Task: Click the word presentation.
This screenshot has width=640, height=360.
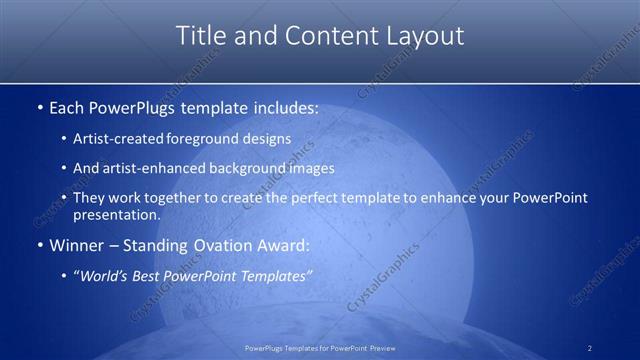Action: [x=115, y=214]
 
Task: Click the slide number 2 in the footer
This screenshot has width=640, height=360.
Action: [x=590, y=347]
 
